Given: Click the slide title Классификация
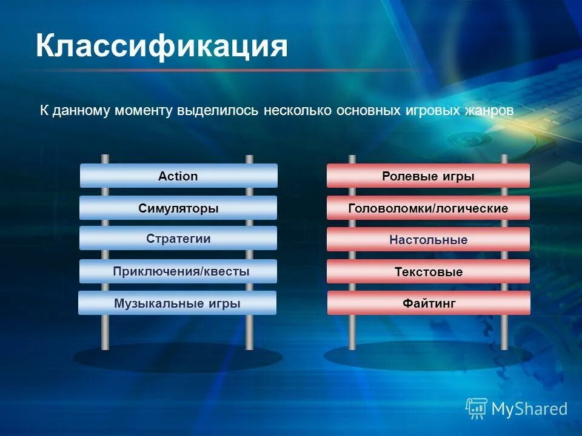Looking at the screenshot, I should (x=161, y=47).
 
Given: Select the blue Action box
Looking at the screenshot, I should (x=178, y=176).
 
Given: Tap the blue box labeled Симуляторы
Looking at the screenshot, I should (x=178, y=208).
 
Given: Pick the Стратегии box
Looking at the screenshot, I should (x=178, y=239).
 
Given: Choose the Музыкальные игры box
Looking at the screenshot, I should (x=177, y=303).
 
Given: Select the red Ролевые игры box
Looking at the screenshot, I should (x=428, y=176).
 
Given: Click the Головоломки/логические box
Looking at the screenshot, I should (x=428, y=208).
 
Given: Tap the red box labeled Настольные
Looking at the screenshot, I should (x=428, y=240).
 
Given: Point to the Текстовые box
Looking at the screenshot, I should (x=428, y=272).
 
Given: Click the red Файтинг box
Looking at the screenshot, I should (x=428, y=303).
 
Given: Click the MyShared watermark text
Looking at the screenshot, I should (x=529, y=409).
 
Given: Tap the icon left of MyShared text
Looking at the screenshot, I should (x=477, y=409).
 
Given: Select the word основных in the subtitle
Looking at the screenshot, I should (x=367, y=111).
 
